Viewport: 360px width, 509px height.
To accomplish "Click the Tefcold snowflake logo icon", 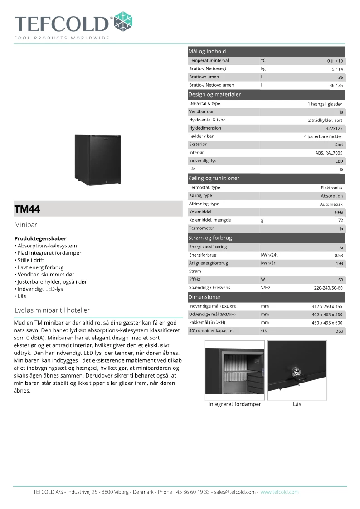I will coord(123,22).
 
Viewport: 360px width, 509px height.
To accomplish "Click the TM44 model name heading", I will coord(27,209).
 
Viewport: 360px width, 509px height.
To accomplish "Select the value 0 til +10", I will coord(335,61).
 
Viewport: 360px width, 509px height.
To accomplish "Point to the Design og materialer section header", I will coord(214,95).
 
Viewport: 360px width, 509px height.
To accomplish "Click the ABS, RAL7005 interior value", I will coord(329,153).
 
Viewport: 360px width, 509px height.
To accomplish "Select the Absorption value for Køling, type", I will coord(332,196).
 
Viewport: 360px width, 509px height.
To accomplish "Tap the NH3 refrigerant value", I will coord(338,212).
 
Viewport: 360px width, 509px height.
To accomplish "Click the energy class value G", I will coord(341,247).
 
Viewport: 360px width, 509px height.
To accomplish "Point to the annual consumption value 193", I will coord(339,263).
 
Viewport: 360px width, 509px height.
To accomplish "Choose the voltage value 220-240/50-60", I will coord(328,288).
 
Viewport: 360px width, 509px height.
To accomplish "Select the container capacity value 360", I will coord(339,331).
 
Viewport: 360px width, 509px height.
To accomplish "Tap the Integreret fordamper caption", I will coord(234,404).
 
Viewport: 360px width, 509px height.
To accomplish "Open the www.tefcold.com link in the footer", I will coord(279,492).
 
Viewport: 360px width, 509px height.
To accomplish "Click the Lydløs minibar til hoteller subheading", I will coord(52,310).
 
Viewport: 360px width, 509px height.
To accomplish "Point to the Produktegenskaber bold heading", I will coord(40,238).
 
